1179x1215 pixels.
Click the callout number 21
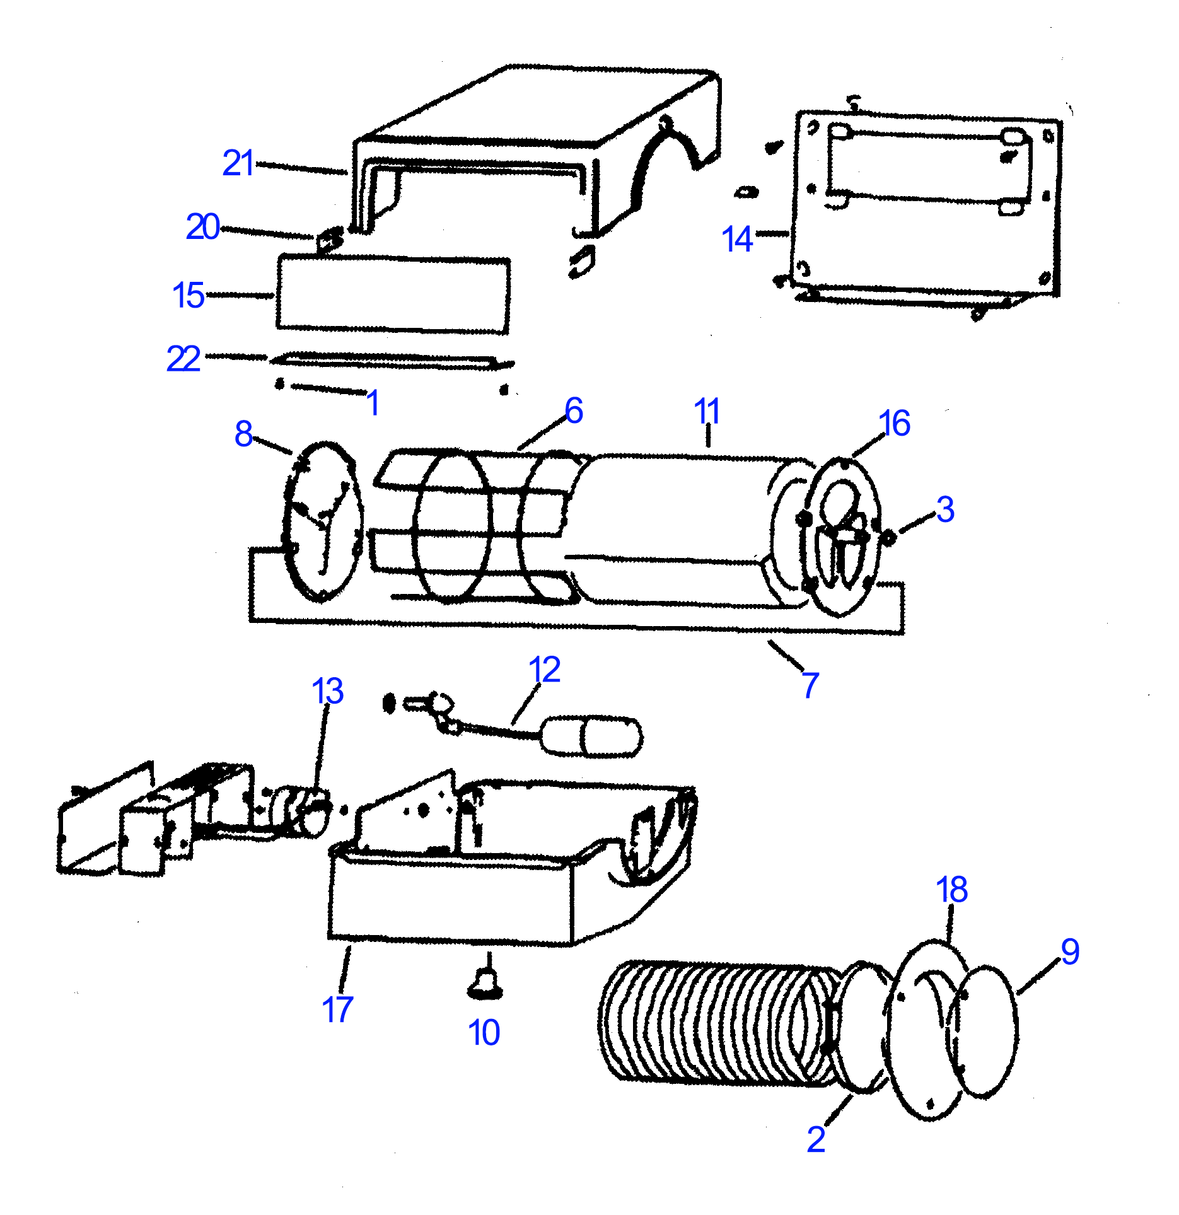238,163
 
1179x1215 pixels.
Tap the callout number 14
737,240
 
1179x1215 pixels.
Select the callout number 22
183,359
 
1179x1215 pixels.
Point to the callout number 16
894,423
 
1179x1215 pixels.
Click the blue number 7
811,685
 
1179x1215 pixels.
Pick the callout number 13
327,691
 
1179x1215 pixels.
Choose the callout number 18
951,890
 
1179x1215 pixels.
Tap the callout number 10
484,1032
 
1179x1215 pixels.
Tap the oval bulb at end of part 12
593,736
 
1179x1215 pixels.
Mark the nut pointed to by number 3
889,537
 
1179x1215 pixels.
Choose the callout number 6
574,410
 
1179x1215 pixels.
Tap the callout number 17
337,1009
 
